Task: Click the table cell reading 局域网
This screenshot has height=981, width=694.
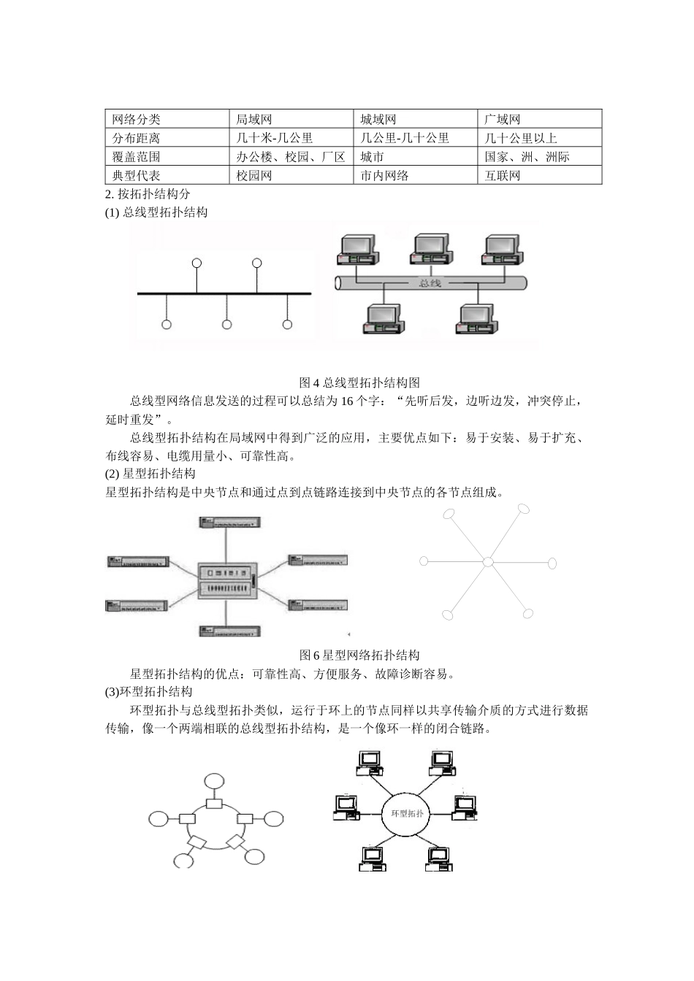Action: pyautogui.click(x=254, y=119)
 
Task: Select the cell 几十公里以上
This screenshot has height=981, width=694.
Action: pyautogui.click(x=520, y=138)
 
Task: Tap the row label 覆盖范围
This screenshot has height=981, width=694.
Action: pyautogui.click(x=137, y=157)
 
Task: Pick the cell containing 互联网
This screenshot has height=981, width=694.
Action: pyautogui.click(x=503, y=176)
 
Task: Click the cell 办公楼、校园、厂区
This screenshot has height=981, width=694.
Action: pyautogui.click(x=290, y=157)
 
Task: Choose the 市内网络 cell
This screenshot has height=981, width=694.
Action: pyautogui.click(x=385, y=176)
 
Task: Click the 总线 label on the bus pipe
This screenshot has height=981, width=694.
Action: pyautogui.click(x=430, y=282)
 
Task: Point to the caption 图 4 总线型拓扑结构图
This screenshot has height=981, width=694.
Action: pyautogui.click(x=359, y=382)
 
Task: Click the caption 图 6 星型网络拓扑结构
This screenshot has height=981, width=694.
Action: pyautogui.click(x=359, y=655)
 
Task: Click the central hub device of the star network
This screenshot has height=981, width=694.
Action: pyautogui.click(x=227, y=580)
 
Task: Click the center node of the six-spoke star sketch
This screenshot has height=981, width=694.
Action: pyautogui.click(x=488, y=562)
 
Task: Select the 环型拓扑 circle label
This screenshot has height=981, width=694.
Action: pyautogui.click(x=408, y=813)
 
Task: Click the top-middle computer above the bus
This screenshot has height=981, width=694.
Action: pyautogui.click(x=430, y=250)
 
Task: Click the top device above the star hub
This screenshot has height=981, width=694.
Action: pyautogui.click(x=229, y=522)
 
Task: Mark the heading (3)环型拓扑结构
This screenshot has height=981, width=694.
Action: pyautogui.click(x=149, y=692)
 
